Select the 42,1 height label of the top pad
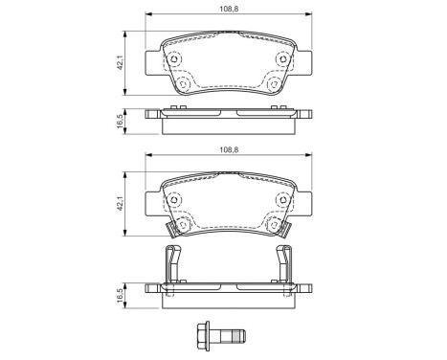121,63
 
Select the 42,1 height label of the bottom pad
121,203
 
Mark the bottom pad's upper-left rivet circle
175,199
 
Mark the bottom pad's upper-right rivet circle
280,199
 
